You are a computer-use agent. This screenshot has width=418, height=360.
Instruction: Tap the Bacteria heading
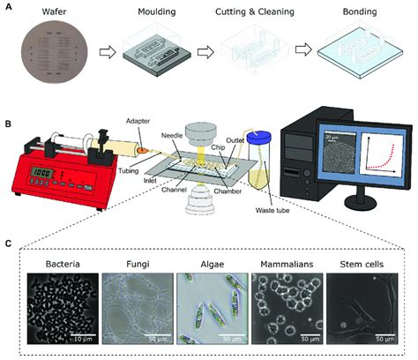point(57,263)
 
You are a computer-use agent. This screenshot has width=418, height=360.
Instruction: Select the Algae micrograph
point(208,310)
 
